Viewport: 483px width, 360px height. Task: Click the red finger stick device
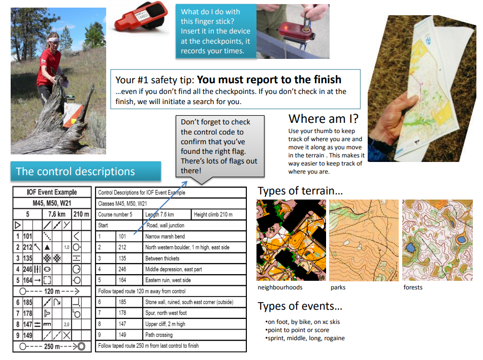141,16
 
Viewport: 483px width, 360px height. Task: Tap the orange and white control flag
73,115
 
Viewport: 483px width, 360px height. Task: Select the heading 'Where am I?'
324,119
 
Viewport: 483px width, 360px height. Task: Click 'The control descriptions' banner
86,171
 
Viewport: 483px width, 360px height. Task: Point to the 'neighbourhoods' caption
280,287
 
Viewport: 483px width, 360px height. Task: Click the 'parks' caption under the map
338,287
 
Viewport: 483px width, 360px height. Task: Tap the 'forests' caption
413,287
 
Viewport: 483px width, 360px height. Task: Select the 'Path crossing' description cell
195,335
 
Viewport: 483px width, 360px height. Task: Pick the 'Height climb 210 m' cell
218,214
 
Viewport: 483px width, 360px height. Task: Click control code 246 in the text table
122,269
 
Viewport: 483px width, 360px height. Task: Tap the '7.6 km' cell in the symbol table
57,214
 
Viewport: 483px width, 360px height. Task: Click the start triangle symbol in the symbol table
18,225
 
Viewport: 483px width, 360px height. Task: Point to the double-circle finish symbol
81,346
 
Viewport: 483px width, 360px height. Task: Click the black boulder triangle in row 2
47,247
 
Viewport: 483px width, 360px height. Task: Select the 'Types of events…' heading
300,306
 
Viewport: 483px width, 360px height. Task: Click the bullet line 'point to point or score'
297,330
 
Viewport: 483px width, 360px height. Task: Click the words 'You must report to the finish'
269,79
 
